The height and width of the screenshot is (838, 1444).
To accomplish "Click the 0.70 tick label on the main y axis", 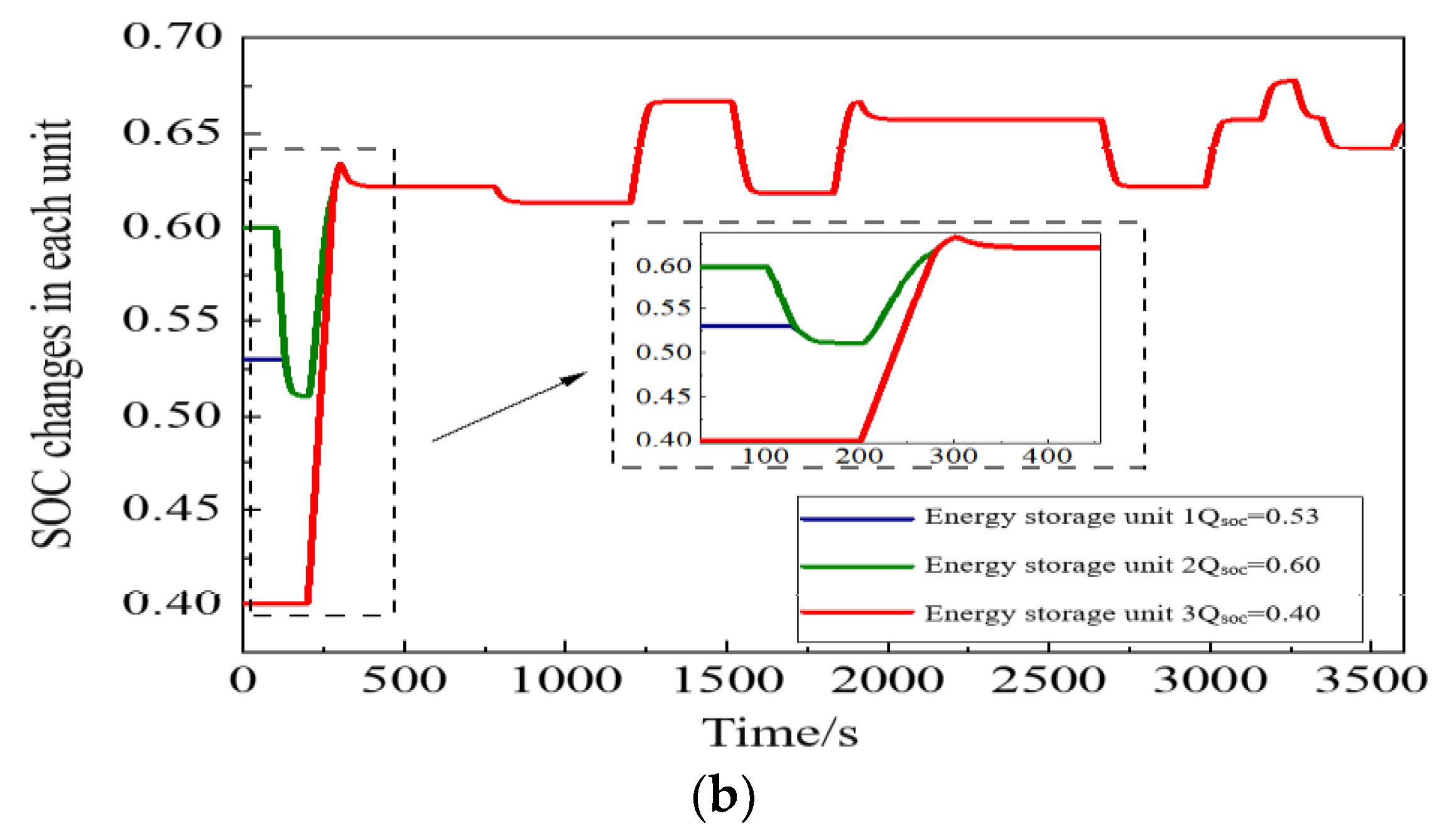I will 172,36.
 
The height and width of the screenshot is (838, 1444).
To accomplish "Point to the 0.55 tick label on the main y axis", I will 172,320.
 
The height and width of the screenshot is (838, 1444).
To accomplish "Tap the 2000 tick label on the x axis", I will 888,680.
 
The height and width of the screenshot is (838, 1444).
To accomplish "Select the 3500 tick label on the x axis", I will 1371,680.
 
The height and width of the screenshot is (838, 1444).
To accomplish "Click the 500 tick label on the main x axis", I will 404,680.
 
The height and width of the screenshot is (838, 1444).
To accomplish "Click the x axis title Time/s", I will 779,733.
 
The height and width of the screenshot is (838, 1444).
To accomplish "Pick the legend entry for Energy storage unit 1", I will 1121,517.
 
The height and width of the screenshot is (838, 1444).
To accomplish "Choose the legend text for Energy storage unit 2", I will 1122,565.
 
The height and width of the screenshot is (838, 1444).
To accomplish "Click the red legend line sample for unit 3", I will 857,612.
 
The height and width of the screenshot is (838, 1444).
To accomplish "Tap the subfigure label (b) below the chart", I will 723,797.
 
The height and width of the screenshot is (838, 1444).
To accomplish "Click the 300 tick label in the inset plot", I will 953,456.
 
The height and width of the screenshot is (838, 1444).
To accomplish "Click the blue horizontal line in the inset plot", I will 744,326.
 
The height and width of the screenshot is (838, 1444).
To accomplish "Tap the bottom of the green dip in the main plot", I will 302,395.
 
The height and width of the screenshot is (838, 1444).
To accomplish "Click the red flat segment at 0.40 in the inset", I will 779,441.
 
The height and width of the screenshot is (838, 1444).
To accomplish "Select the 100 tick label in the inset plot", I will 764,456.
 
